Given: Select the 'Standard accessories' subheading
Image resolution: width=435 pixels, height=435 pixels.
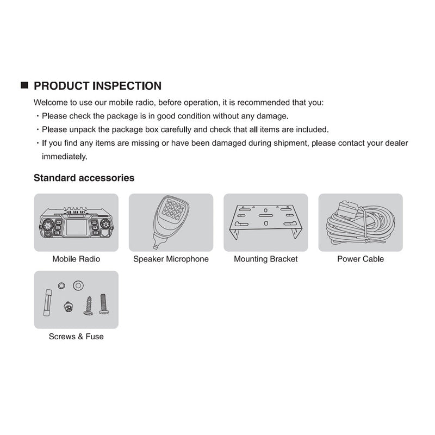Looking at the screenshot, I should point(84,178).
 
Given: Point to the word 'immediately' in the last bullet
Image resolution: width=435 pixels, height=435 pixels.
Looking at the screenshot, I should point(64,156).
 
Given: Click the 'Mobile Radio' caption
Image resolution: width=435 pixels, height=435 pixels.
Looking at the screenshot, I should point(76,259).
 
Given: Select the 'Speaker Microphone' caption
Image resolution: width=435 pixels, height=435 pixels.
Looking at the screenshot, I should point(171,259).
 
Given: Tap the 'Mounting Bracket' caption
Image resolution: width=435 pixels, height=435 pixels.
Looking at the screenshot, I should point(265,259).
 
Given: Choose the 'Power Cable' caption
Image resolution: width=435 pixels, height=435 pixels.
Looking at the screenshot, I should point(360,259).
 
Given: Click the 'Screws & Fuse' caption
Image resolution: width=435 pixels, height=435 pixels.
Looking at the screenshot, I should point(76,337).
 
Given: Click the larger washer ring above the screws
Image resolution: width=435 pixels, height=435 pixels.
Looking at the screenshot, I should point(78,284).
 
